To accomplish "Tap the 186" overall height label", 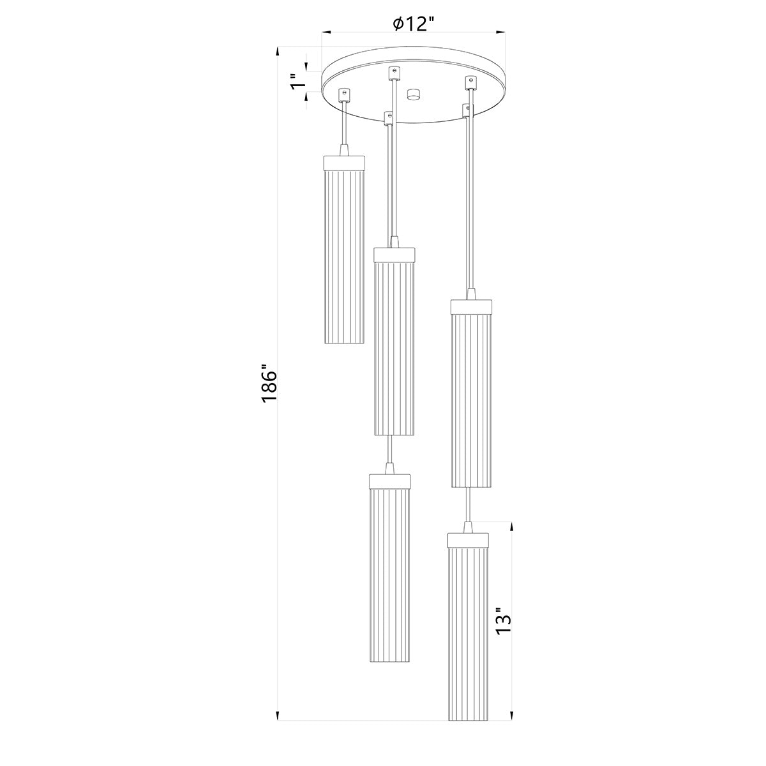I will pos(269,384).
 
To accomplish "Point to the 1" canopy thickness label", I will pos(296,83).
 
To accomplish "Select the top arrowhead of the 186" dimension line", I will pos(278,51).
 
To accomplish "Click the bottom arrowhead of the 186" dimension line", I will pos(278,716).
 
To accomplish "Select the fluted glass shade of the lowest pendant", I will pos(469,632).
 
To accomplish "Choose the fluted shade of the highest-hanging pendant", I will pos(344,255).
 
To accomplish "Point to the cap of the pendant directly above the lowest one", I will pos(472,306).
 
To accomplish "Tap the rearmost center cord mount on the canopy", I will pos(394,71).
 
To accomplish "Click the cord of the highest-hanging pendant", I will pos(345,124).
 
